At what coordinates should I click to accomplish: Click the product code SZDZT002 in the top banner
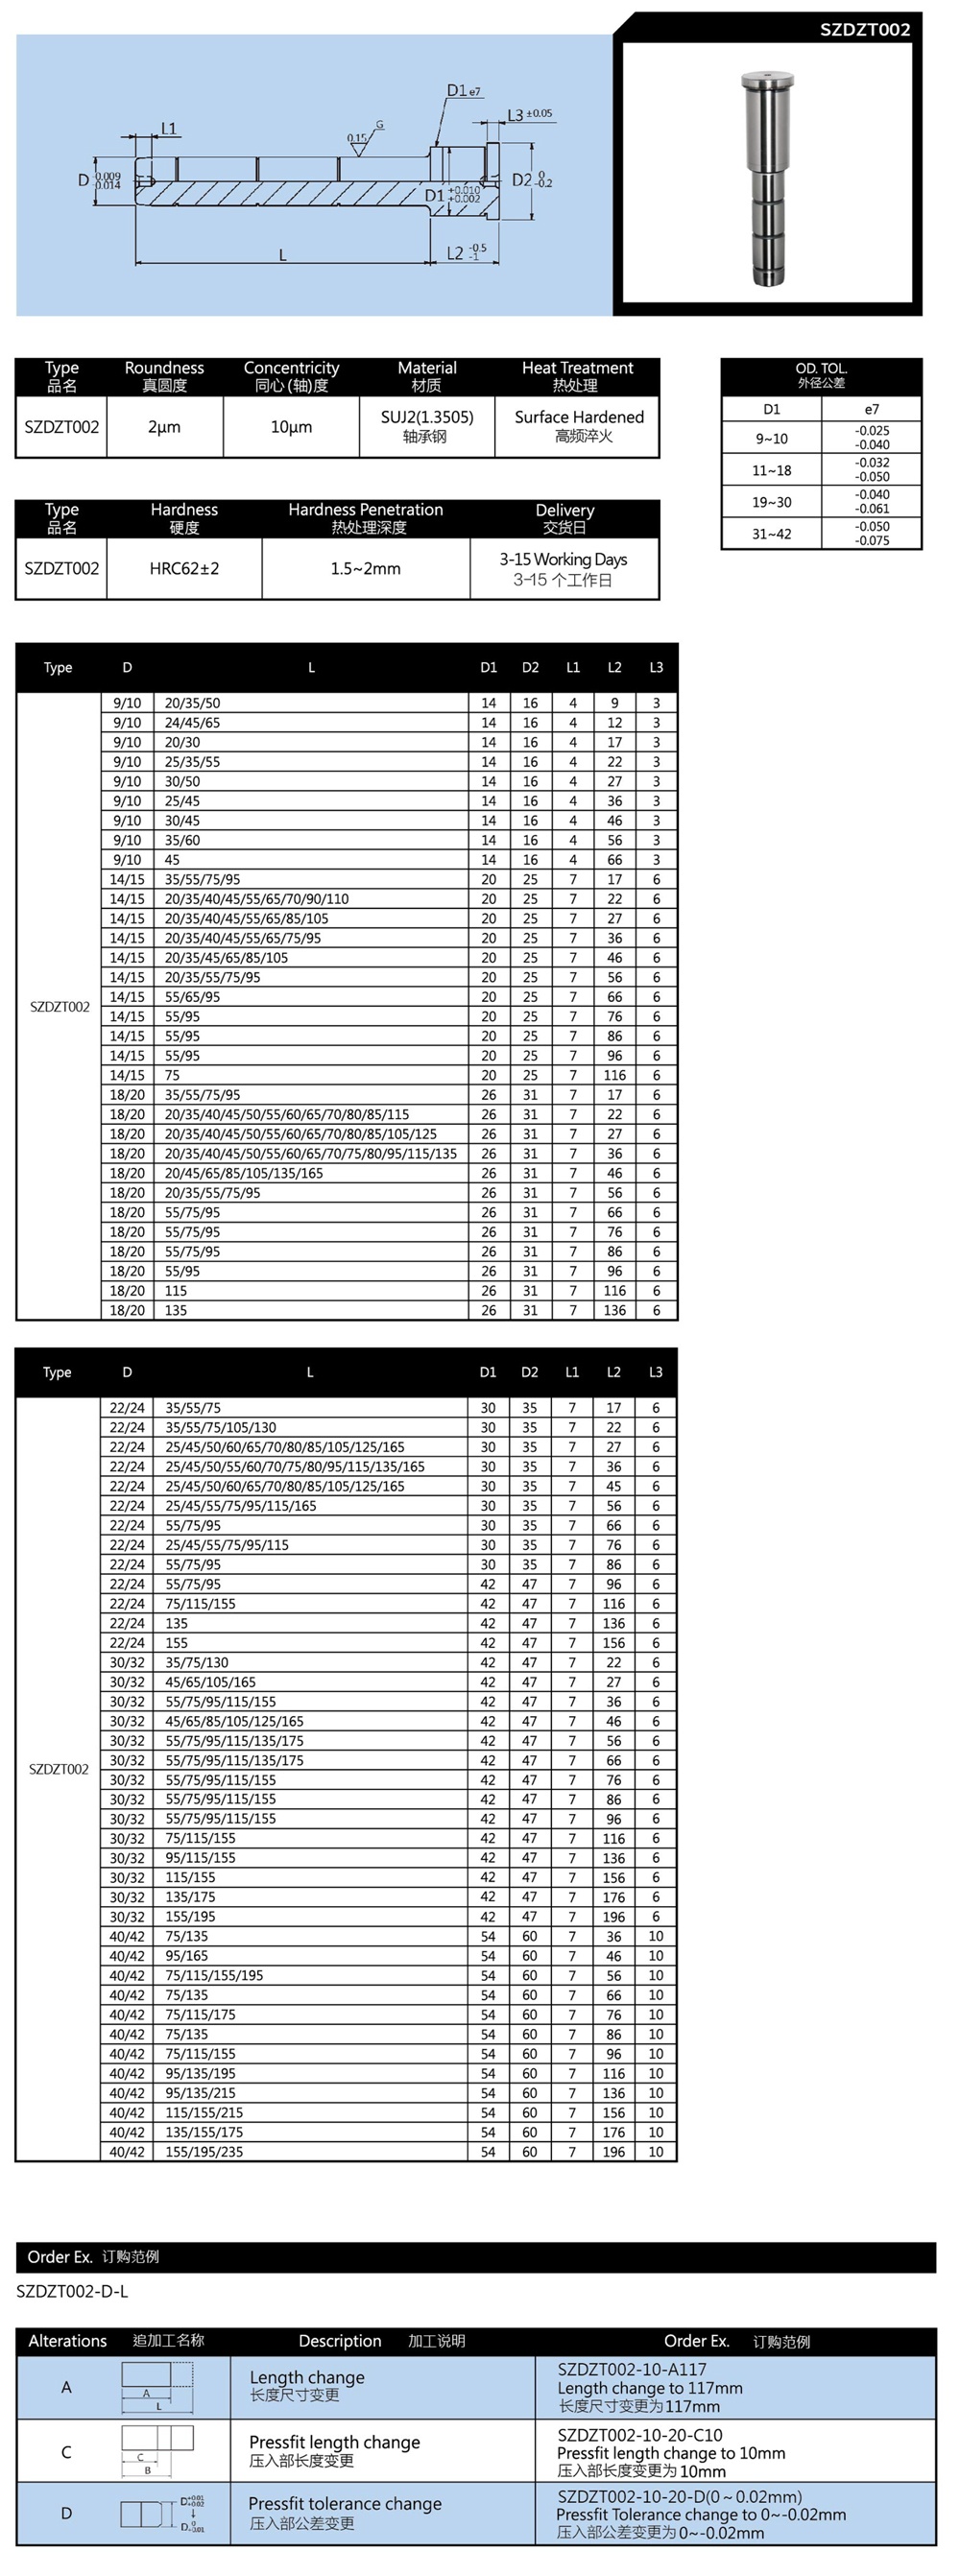(x=864, y=29)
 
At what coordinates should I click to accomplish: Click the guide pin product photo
(x=767, y=177)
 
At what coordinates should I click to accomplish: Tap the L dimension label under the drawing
(x=282, y=256)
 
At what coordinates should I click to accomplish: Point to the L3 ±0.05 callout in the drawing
(x=529, y=115)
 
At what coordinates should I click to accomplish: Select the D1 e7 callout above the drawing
(x=463, y=91)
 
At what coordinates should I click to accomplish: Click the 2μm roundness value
(x=164, y=427)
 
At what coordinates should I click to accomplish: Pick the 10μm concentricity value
(x=291, y=427)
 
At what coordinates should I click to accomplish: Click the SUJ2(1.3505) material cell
(x=427, y=417)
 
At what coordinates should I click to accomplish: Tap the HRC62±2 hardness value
(x=184, y=569)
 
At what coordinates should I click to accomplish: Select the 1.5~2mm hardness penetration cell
(x=366, y=569)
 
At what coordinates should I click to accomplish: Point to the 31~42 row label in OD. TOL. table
(x=771, y=534)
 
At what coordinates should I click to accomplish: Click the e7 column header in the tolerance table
(x=872, y=409)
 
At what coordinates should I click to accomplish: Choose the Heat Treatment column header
(x=577, y=369)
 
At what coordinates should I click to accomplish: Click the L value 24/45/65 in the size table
(x=192, y=723)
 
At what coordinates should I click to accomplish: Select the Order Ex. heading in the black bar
(x=60, y=2256)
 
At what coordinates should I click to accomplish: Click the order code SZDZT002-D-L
(x=72, y=2290)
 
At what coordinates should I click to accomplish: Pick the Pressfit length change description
(x=334, y=2442)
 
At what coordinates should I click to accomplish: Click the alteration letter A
(x=66, y=2387)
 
